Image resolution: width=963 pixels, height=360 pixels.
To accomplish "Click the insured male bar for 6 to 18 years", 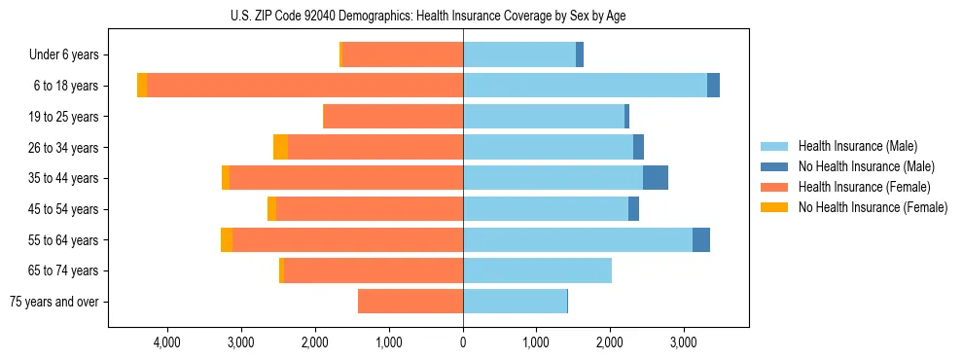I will click(x=585, y=86).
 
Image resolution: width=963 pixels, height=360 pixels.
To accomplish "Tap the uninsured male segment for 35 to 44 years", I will click(x=656, y=178).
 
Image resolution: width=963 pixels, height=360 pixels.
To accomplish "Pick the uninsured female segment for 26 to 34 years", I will click(x=280, y=147).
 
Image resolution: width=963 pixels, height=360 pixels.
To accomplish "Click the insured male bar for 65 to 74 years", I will click(x=537, y=270).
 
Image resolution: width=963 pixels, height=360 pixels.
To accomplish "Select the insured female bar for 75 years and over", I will click(x=410, y=302).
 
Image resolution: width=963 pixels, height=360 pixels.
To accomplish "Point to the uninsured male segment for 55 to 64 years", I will click(x=701, y=239).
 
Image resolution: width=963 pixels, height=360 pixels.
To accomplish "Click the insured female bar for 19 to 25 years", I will click(x=393, y=117).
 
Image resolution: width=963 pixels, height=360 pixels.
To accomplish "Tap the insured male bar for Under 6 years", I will click(x=519, y=54).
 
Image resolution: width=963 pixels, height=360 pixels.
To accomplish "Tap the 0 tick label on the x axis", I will click(x=463, y=342).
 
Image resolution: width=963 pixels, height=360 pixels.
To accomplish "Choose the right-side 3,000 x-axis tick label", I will click(x=684, y=342).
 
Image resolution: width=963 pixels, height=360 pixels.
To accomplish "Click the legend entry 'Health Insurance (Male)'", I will click(x=857, y=146).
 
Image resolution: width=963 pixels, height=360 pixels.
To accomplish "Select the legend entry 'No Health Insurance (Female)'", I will click(x=873, y=207).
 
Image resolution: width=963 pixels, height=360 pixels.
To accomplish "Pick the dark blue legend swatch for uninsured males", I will click(x=775, y=166).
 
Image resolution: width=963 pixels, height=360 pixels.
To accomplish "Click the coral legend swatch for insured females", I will click(x=775, y=187).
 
